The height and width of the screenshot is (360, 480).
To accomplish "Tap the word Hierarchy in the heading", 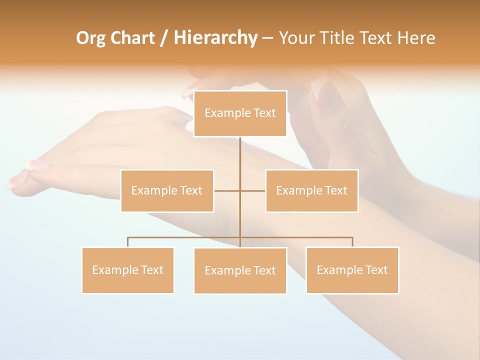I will pyautogui.click(x=215, y=38).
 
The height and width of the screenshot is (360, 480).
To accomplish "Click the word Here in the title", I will pyautogui.click(x=416, y=38).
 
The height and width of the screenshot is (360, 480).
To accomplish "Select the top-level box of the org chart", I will pyautogui.click(x=240, y=113).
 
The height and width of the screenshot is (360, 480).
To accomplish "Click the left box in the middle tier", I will pyautogui.click(x=167, y=190).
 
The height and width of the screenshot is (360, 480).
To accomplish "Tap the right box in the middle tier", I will pyautogui.click(x=311, y=190).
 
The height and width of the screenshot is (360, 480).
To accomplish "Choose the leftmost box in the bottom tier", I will pyautogui.click(x=128, y=270).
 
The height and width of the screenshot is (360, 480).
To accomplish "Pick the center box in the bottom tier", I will pyautogui.click(x=240, y=270).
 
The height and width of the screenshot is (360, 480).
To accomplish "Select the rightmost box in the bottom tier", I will pyautogui.click(x=352, y=270).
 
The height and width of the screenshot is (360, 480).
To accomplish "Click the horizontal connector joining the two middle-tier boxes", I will pyautogui.click(x=227, y=190).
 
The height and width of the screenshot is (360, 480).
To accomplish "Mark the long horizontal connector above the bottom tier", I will pyautogui.click(x=185, y=237).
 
